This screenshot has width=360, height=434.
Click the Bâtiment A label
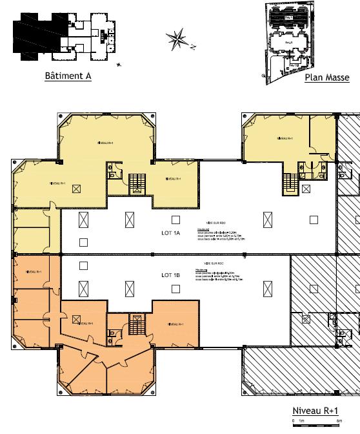click(68, 76)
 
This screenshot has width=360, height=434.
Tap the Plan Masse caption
click(327, 78)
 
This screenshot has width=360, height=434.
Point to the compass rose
click(177, 39)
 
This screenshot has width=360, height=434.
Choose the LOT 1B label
click(171, 274)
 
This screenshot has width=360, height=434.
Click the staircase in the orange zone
click(135, 323)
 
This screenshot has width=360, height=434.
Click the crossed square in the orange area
click(77, 319)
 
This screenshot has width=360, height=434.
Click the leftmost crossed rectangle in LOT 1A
click(83, 220)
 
